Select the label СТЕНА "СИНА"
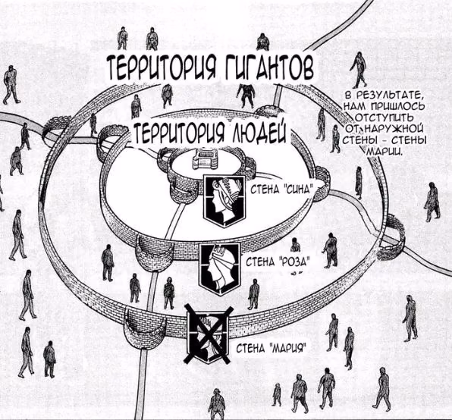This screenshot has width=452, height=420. [281, 190]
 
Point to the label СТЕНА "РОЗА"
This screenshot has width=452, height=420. [278, 262]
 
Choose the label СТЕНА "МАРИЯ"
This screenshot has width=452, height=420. [270, 349]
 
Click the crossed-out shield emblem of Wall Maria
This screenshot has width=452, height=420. [208, 335]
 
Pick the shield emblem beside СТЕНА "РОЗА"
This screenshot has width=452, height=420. [220, 269]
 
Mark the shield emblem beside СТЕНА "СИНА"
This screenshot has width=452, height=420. [225, 200]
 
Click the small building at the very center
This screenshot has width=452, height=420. [206, 159]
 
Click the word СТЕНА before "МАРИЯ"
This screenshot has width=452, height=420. [252, 349]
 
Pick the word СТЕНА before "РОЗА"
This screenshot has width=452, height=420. [261, 262]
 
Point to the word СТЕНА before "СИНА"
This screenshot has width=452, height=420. [265, 190]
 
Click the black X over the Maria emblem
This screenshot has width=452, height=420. [208, 335]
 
